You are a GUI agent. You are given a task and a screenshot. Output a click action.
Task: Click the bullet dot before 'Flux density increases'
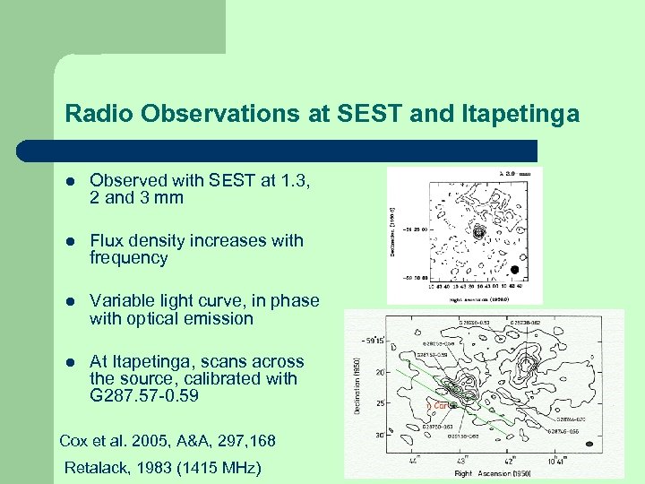(70, 241)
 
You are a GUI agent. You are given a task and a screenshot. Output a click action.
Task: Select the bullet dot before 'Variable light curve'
(70, 302)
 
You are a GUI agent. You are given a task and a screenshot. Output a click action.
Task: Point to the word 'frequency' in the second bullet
(128, 258)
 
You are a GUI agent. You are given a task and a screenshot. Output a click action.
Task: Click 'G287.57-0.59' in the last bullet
(145, 395)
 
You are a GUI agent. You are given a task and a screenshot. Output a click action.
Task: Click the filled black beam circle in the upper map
(513, 269)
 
